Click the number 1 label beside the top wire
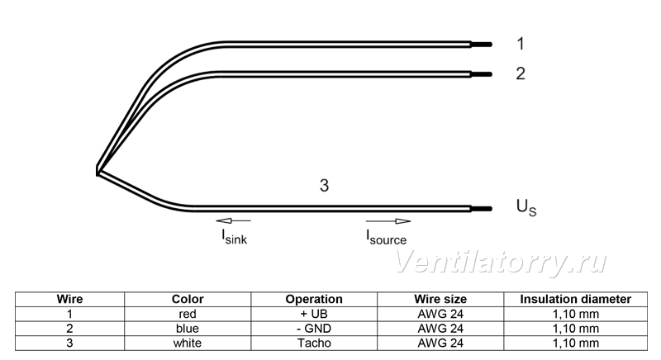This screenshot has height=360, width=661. click(521, 44)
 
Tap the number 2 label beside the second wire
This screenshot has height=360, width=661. click(521, 73)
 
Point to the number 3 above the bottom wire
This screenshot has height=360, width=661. click(324, 185)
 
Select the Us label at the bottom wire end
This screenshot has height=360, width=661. click(526, 207)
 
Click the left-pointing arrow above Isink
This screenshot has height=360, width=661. click(233, 220)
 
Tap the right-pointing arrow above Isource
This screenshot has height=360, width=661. click(388, 221)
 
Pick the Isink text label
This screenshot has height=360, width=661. click(235, 237)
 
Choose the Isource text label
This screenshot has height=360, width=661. click(386, 238)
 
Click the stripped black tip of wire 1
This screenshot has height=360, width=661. click(482, 45)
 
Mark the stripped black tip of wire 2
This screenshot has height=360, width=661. click(482, 74)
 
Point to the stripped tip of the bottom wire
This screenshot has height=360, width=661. click(482, 209)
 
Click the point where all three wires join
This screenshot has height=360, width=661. click(97, 172)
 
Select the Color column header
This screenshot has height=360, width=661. click(188, 300)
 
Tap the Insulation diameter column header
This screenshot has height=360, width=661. click(575, 300)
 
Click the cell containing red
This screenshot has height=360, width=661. click(188, 314)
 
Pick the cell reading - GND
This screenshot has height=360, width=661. click(314, 329)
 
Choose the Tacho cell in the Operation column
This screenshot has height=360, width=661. click(314, 343)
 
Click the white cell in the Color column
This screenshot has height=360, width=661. click(188, 343)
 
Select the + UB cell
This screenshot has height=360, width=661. click(314, 314)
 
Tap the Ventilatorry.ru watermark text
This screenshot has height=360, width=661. click(501, 263)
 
